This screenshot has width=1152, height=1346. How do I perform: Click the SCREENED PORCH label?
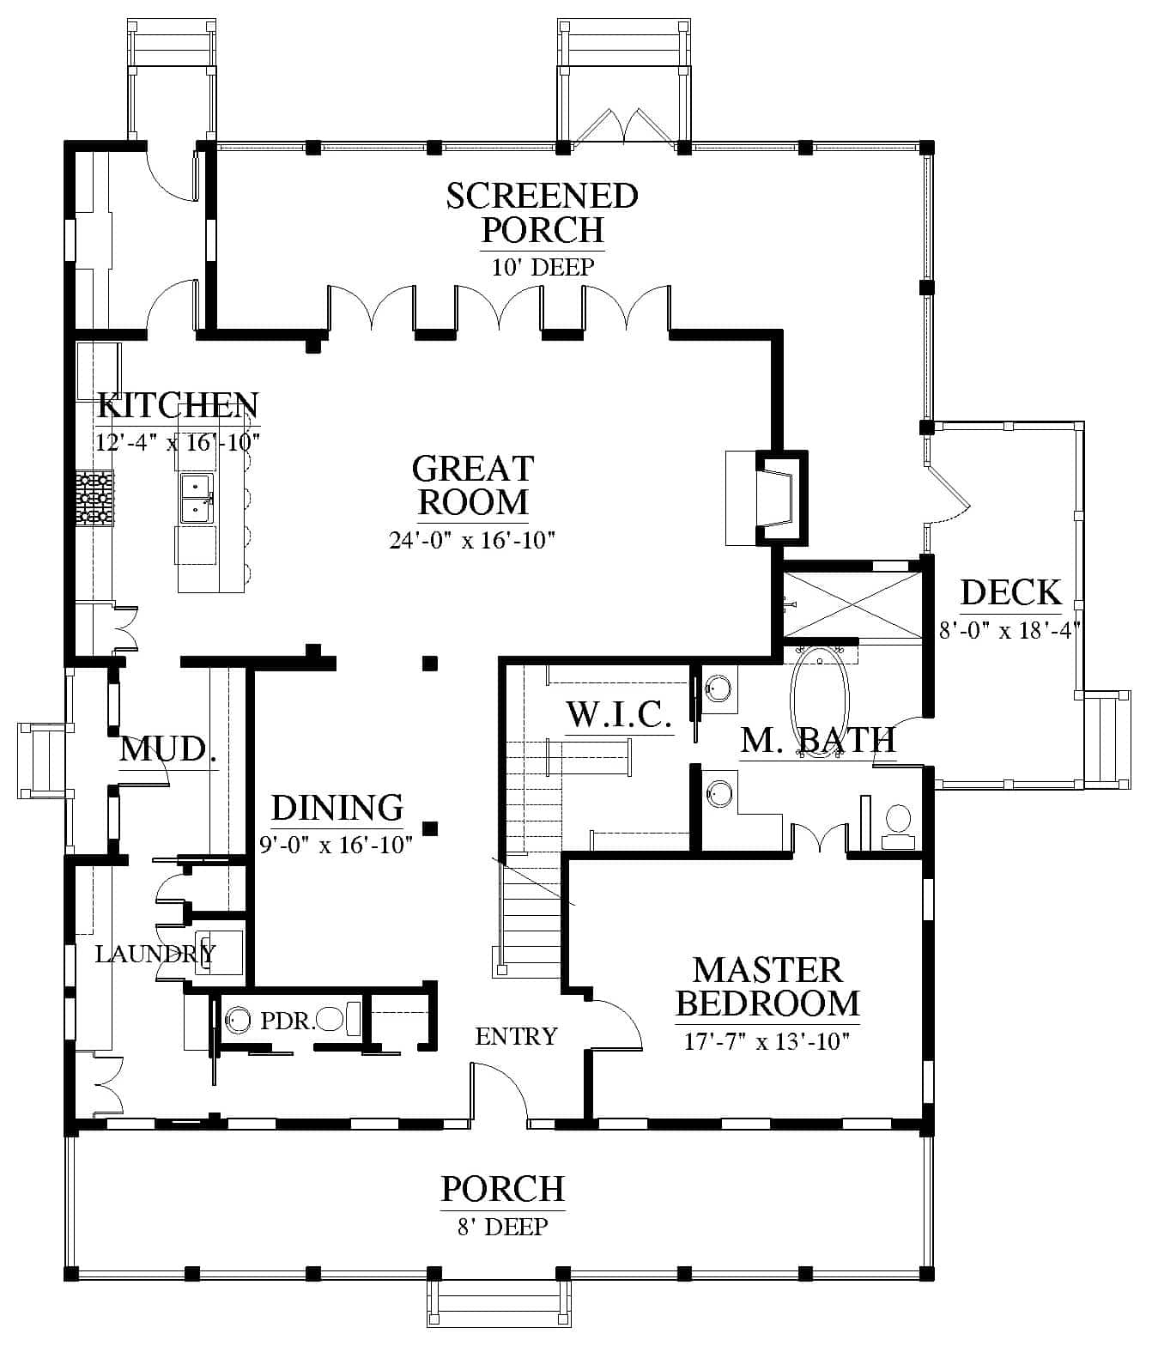click(x=543, y=213)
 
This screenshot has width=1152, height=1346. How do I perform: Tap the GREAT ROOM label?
click(x=474, y=485)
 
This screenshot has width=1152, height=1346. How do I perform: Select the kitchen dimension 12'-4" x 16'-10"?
click(x=178, y=443)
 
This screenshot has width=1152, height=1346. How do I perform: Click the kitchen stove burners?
click(x=94, y=498)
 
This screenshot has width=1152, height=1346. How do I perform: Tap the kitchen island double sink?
click(x=197, y=499)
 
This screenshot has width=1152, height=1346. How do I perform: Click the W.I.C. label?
click(x=619, y=715)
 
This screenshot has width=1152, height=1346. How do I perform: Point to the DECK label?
click(x=1011, y=592)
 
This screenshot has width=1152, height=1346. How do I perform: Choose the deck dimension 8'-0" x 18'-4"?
click(x=1010, y=630)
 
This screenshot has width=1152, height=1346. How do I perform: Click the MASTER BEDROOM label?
click(x=767, y=986)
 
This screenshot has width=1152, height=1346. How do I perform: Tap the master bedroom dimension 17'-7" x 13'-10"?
click(x=767, y=1041)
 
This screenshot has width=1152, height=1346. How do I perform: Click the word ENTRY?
click(x=517, y=1037)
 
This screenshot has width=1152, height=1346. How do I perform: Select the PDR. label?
click(x=288, y=1021)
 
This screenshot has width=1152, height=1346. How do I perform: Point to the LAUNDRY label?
click(x=155, y=954)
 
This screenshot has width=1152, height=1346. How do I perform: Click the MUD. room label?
click(x=168, y=749)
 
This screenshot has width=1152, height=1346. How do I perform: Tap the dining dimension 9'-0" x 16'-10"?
click(x=336, y=845)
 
